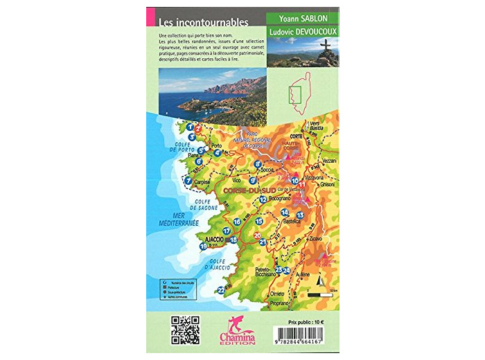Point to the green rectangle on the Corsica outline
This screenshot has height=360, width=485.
coord(294,96)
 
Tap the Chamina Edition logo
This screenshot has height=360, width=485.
coord(237,329)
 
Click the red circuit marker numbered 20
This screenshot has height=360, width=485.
coord(257,236)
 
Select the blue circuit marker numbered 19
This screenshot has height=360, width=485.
coord(204,246)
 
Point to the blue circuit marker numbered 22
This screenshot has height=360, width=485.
coord(221,290)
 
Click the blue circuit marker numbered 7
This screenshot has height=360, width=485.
coord(188,181)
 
